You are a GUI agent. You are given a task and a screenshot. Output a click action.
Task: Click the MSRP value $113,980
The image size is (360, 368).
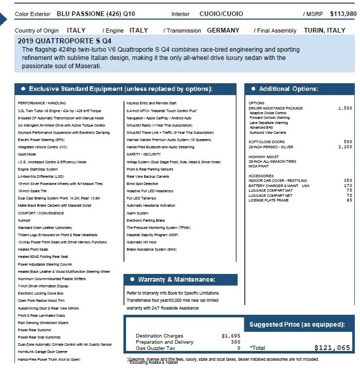341,13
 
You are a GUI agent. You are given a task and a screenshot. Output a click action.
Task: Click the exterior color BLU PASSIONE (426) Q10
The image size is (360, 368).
96,13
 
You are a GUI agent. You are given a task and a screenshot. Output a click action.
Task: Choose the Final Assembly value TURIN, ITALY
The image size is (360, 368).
324,30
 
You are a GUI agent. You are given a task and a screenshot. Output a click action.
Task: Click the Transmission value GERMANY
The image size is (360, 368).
223,30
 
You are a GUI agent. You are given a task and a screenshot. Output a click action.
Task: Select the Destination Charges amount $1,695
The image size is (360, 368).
231,336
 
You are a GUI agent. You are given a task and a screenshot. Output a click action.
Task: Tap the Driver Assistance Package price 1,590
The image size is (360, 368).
345,109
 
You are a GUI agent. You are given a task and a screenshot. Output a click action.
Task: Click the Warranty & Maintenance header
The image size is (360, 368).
176,280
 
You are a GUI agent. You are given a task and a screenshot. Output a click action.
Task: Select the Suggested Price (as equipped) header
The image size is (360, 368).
297,325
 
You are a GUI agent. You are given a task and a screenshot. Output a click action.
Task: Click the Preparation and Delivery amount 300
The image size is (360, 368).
235,342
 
